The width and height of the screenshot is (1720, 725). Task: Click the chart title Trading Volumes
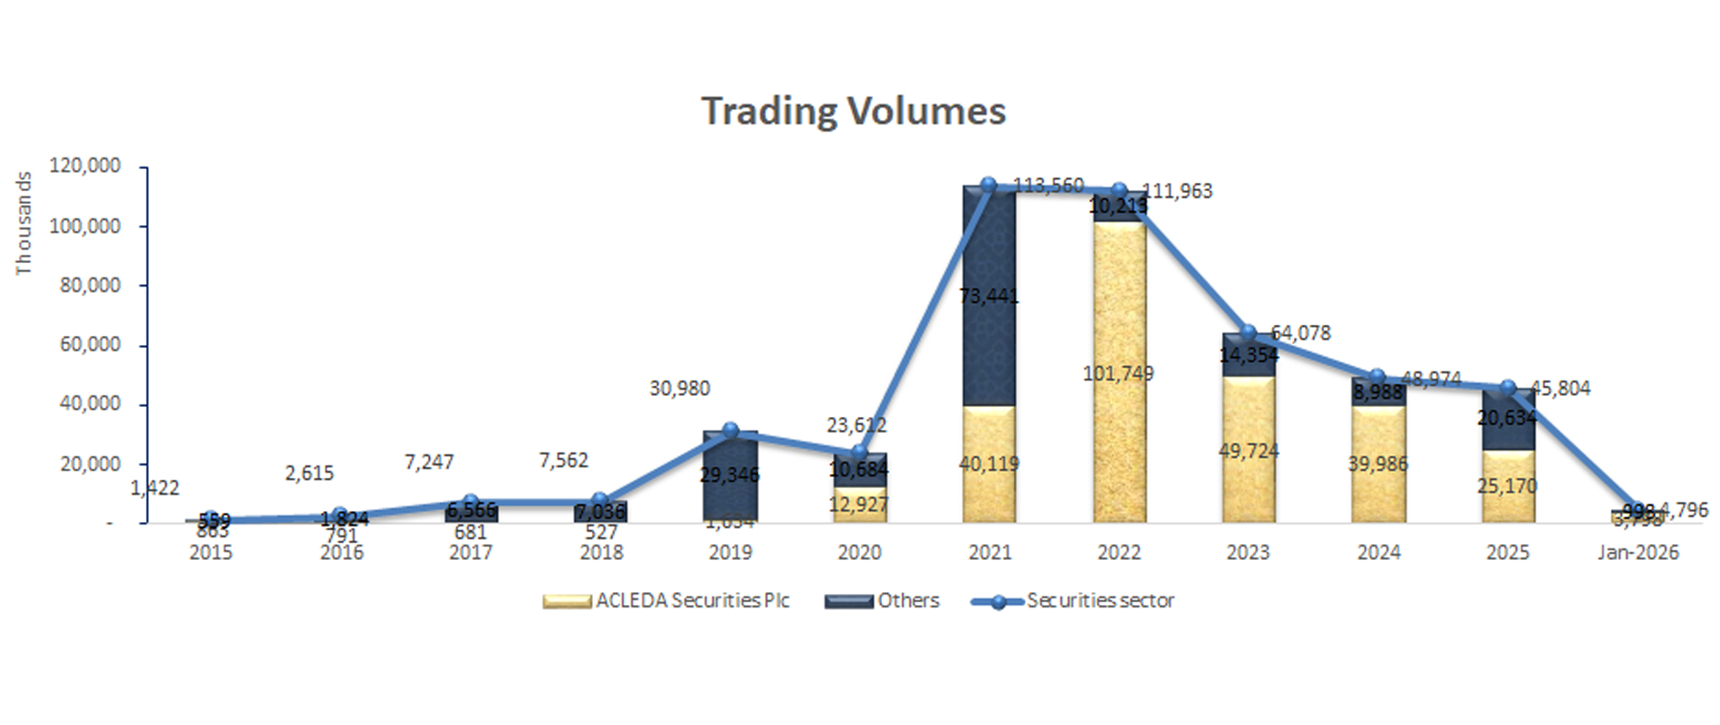coord(853,111)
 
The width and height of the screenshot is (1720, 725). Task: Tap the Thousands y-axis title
coord(24,223)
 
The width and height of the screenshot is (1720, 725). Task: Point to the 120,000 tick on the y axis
coord(85,166)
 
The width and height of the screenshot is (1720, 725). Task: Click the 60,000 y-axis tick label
coord(90,344)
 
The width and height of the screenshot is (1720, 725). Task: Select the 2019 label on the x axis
coord(731,552)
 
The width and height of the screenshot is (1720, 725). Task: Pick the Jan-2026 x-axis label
coord(1638,552)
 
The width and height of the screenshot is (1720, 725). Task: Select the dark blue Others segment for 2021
coord(989,254)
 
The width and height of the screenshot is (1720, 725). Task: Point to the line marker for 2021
coord(989,185)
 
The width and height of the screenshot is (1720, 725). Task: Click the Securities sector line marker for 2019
coord(731,431)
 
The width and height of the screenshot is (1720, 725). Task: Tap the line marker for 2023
coord(1248,332)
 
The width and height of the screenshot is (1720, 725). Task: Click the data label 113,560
coord(1049,185)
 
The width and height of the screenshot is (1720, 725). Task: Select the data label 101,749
coord(1118,373)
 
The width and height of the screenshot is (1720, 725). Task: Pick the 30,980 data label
coord(679,388)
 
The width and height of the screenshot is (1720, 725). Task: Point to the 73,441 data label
coord(989,296)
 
